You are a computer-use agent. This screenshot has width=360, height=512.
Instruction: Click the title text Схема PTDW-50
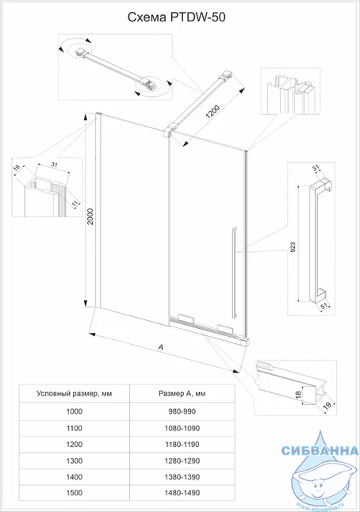click(176, 17)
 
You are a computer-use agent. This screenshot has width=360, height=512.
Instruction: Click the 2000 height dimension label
click(90, 216)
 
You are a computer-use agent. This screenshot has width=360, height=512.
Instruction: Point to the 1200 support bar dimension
click(213, 113)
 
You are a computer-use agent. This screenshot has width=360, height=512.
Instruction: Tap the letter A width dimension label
click(160, 347)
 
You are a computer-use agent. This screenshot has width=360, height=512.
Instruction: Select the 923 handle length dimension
click(293, 247)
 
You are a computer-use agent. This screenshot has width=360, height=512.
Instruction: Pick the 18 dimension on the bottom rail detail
click(298, 395)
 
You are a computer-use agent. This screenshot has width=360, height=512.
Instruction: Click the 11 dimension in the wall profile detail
click(75, 203)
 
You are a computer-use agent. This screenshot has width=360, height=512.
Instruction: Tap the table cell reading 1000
click(75, 411)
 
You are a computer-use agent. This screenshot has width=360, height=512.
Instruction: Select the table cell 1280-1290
click(182, 460)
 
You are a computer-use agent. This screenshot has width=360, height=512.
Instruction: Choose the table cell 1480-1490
click(182, 493)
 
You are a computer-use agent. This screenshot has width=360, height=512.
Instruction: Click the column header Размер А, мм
click(182, 393)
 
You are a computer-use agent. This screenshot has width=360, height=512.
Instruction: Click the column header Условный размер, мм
click(75, 393)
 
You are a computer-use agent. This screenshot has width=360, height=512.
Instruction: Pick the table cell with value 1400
click(75, 477)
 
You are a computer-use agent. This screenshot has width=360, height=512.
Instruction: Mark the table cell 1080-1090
click(182, 428)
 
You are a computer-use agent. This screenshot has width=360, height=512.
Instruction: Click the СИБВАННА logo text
click(320, 451)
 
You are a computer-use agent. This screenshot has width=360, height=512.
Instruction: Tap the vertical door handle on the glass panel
click(234, 272)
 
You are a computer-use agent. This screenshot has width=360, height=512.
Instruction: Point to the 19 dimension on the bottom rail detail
click(327, 405)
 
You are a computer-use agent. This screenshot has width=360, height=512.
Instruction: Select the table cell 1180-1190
click(182, 445)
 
